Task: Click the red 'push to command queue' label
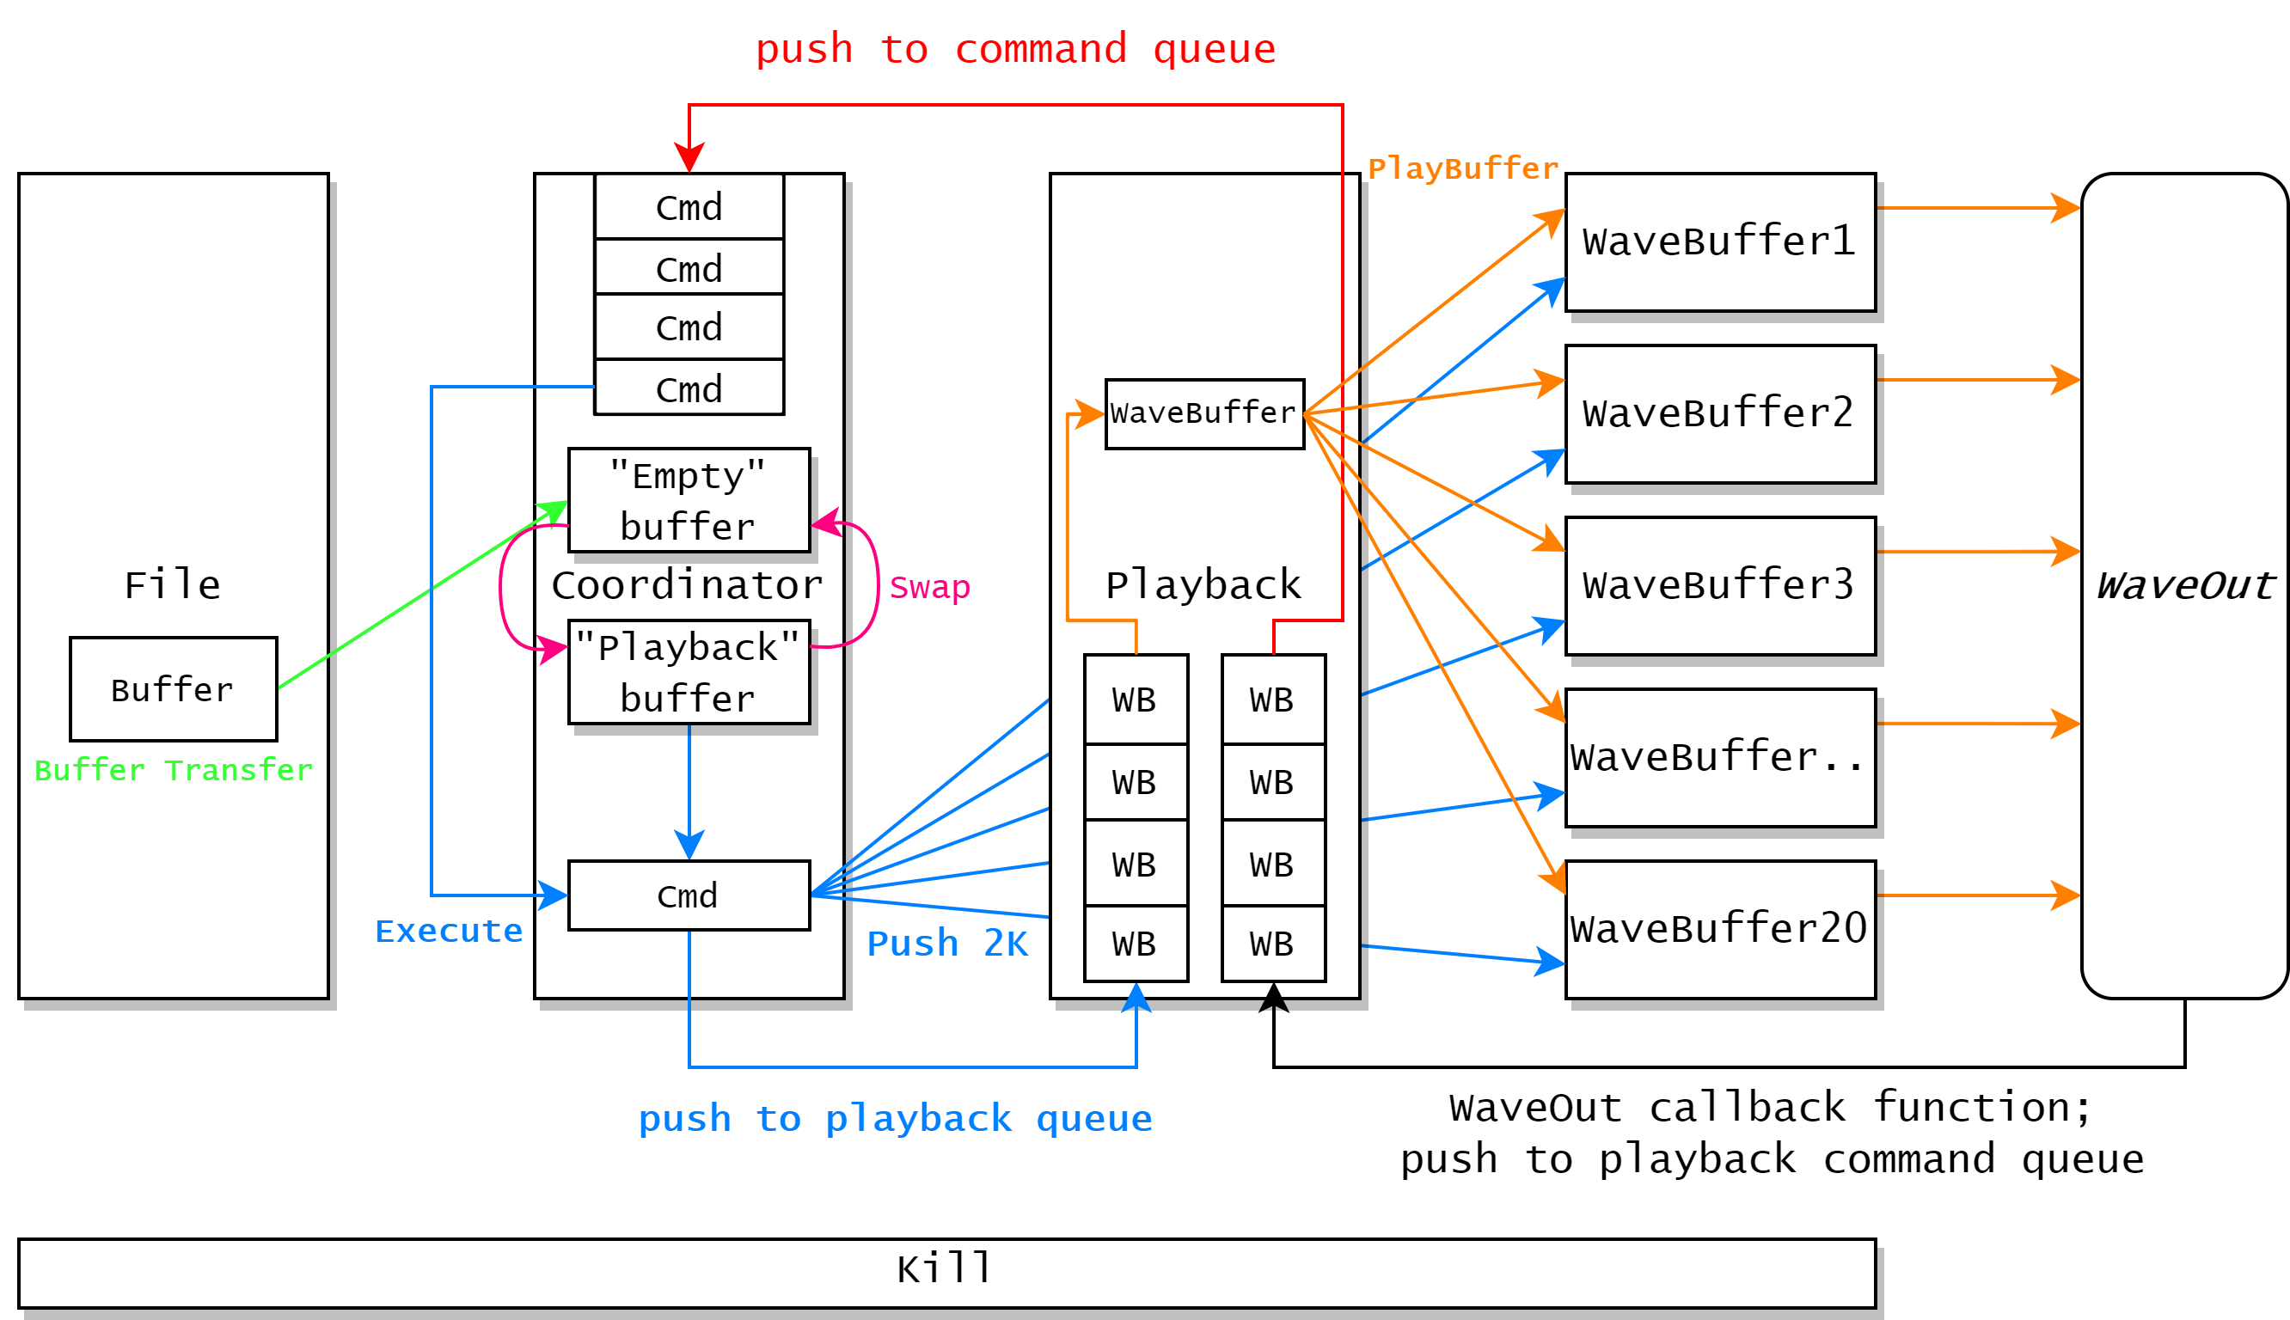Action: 1014,49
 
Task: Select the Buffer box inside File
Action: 173,689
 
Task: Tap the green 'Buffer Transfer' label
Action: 173,770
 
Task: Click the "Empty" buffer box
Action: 689,500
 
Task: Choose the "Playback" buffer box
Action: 689,672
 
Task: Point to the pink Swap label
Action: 929,587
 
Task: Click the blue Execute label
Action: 449,931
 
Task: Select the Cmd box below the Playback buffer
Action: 689,895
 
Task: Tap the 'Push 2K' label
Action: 947,943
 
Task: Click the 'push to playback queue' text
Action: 895,1118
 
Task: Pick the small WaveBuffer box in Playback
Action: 1204,413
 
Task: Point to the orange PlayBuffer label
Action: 1462,168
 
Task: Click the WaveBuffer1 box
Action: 1720,242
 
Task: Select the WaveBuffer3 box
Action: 1720,585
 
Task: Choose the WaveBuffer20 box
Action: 1720,929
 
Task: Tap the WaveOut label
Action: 2184,585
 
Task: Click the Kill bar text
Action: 946,1268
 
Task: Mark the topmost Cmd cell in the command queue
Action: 689,208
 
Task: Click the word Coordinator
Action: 687,584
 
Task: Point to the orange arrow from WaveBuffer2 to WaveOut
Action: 1976,380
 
